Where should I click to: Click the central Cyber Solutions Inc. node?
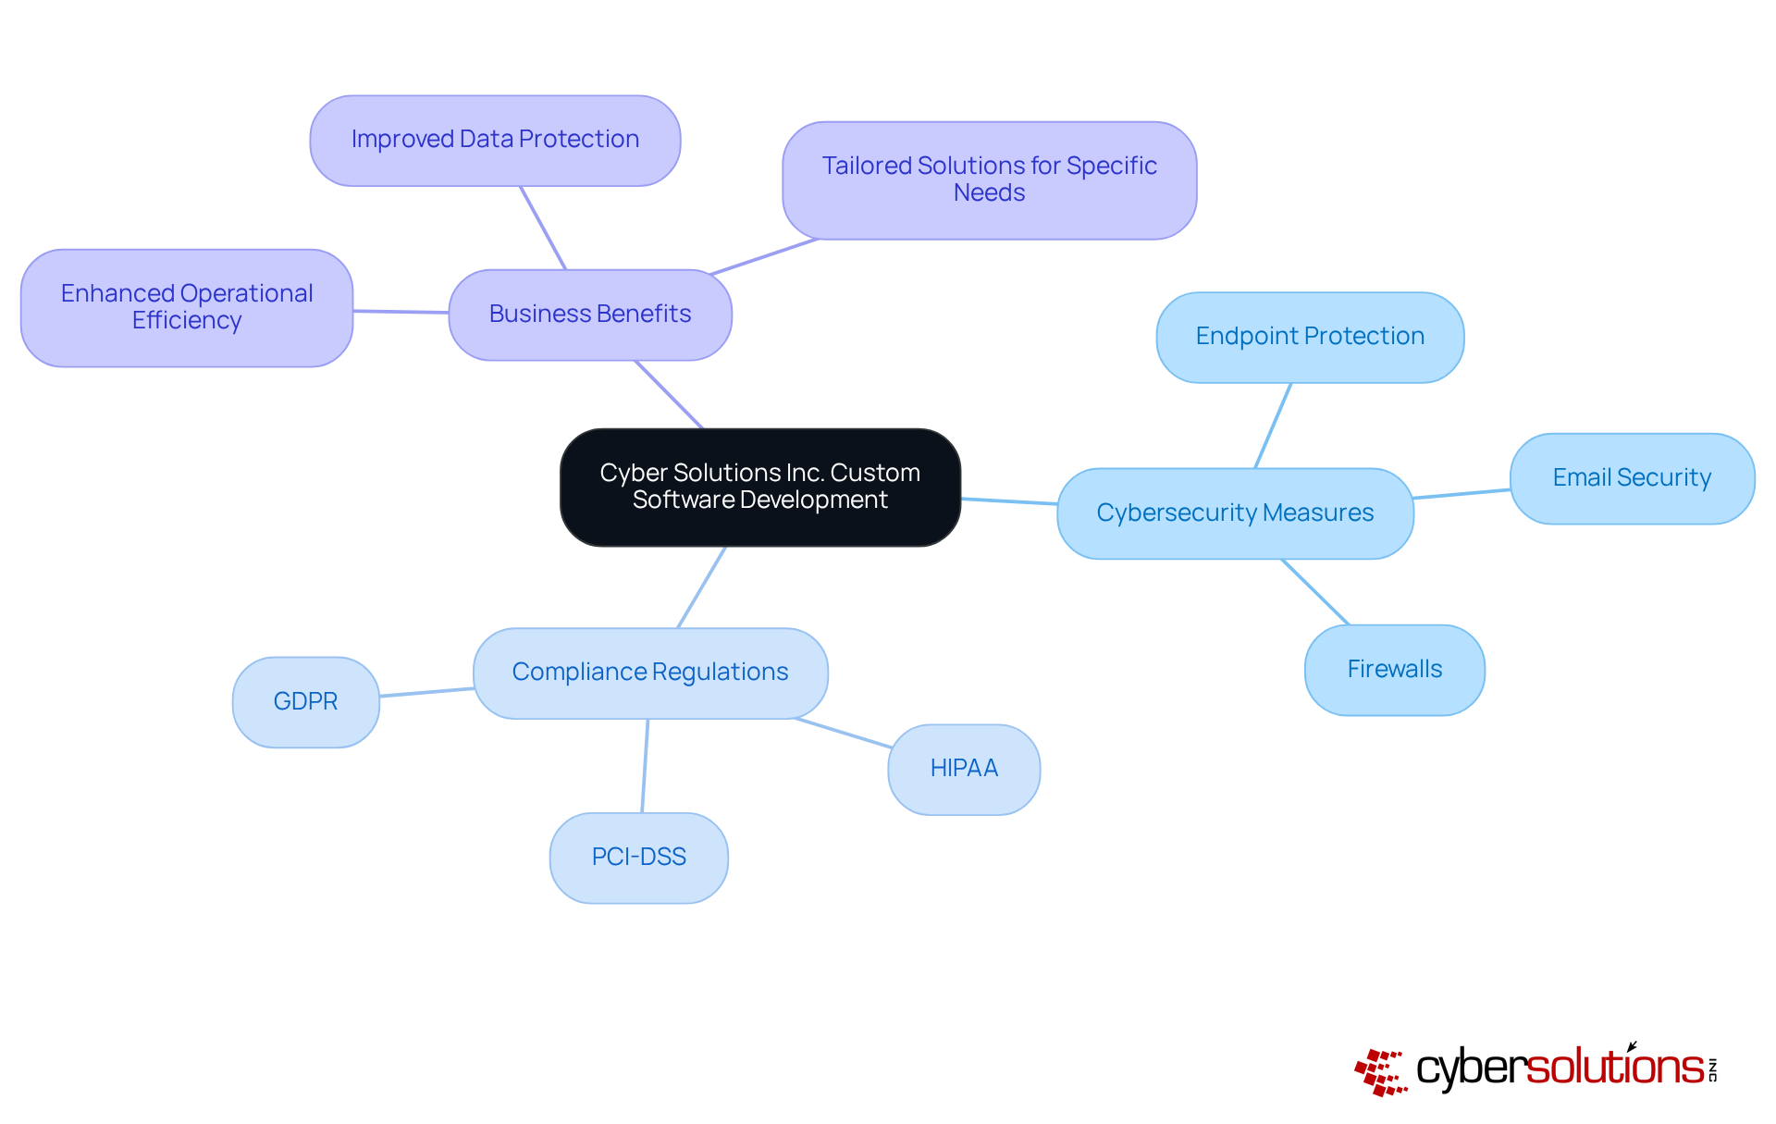pyautogui.click(x=759, y=487)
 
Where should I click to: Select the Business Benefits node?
pyautogui.click(x=590, y=315)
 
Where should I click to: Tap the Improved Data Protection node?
pyautogui.click(x=495, y=140)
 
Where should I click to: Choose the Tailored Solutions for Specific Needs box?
pyautogui.click(x=989, y=179)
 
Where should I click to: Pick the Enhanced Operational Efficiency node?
pyautogui.click(x=187, y=307)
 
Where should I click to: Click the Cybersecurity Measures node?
pyautogui.click(x=1234, y=513)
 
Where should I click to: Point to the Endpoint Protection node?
pyautogui.click(x=1309, y=337)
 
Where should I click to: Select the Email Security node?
pyautogui.click(x=1631, y=478)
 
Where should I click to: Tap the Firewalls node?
pyautogui.click(x=1394, y=669)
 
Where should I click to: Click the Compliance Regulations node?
pyautogui.click(x=649, y=673)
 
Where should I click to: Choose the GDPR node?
pyautogui.click(x=305, y=701)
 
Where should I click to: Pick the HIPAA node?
pyautogui.click(x=963, y=769)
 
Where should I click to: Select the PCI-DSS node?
pyautogui.click(x=638, y=858)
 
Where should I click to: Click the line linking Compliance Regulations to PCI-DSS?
pyautogui.click(x=645, y=766)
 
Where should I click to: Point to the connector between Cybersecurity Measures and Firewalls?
pyautogui.click(x=1315, y=592)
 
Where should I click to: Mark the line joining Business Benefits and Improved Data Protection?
pyautogui.click(x=543, y=228)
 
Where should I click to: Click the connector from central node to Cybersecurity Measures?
pyautogui.click(x=1009, y=501)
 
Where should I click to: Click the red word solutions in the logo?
pyautogui.click(x=1614, y=1068)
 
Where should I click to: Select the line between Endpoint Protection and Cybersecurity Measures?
pyautogui.click(x=1273, y=426)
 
